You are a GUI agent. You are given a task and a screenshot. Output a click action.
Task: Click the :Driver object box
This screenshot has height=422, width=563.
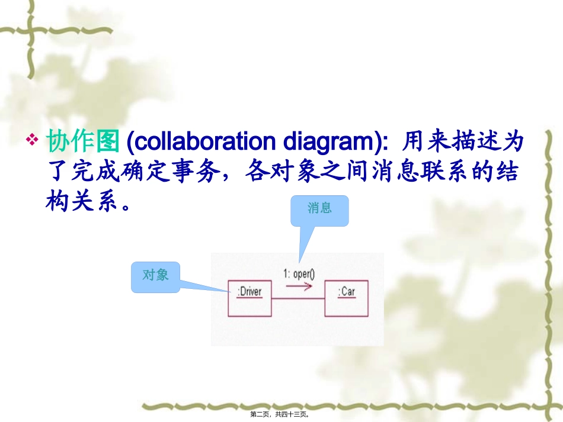click(249, 298)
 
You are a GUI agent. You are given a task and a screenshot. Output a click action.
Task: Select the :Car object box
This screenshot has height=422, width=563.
click(347, 298)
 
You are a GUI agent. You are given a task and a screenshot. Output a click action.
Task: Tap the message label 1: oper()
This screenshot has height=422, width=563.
click(299, 273)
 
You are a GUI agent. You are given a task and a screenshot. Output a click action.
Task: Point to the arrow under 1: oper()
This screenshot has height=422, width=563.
click(299, 287)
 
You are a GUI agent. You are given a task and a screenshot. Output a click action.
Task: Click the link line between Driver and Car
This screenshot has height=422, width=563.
click(298, 298)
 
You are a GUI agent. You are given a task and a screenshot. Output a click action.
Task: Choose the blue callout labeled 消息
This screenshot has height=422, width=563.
click(319, 211)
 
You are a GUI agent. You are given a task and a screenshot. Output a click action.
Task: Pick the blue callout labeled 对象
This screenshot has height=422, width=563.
click(156, 277)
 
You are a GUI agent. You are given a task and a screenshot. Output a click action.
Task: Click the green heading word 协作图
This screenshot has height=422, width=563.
click(84, 142)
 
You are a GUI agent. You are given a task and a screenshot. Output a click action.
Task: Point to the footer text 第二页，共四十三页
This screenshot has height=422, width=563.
click(281, 415)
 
